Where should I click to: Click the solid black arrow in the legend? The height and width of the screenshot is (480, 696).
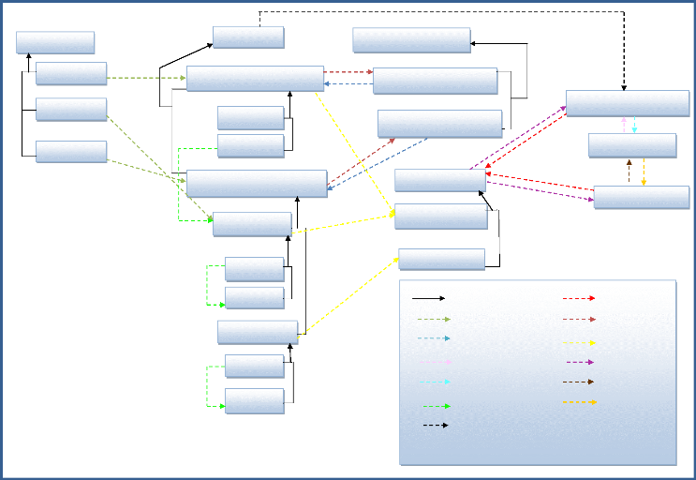click(x=428, y=298)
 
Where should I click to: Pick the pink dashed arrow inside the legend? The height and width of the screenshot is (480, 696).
click(x=436, y=362)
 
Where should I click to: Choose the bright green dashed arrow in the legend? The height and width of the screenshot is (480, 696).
click(x=436, y=406)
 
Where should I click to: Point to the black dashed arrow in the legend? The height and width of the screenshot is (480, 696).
click(x=433, y=426)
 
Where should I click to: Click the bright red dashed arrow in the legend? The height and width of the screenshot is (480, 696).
click(x=579, y=298)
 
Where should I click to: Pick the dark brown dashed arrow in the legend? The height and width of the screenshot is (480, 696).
click(x=579, y=382)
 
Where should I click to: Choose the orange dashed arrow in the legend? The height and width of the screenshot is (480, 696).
click(x=581, y=402)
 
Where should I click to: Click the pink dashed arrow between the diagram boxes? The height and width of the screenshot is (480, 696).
click(x=624, y=125)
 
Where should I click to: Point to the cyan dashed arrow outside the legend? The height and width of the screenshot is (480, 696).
click(x=634, y=125)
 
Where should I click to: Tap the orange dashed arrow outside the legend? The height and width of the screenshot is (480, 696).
click(x=644, y=172)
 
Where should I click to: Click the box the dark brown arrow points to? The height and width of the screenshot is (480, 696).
click(x=632, y=145)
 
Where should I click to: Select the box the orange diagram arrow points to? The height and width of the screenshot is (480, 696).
click(x=642, y=197)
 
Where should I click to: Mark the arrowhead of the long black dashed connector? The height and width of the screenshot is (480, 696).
click(x=625, y=85)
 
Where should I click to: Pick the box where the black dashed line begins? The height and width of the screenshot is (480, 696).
click(x=248, y=37)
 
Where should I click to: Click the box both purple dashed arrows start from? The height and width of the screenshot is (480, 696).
click(x=439, y=180)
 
